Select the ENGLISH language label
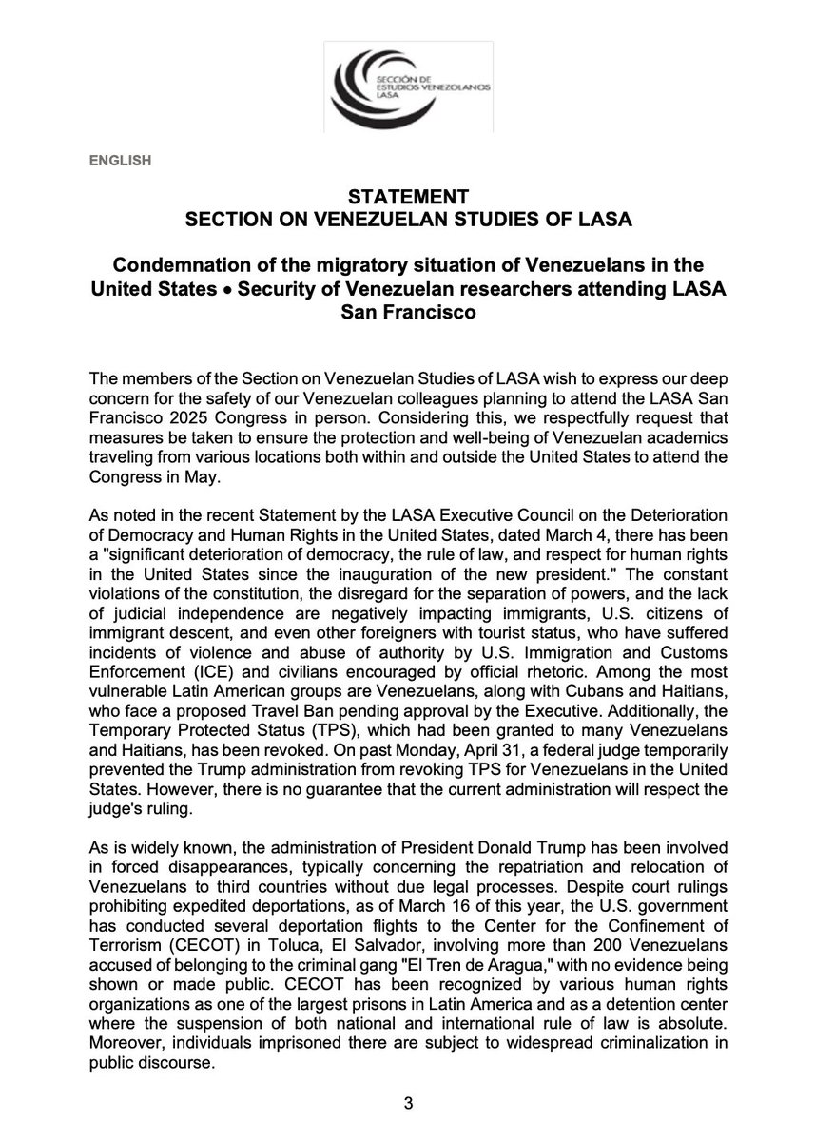coord(121,161)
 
